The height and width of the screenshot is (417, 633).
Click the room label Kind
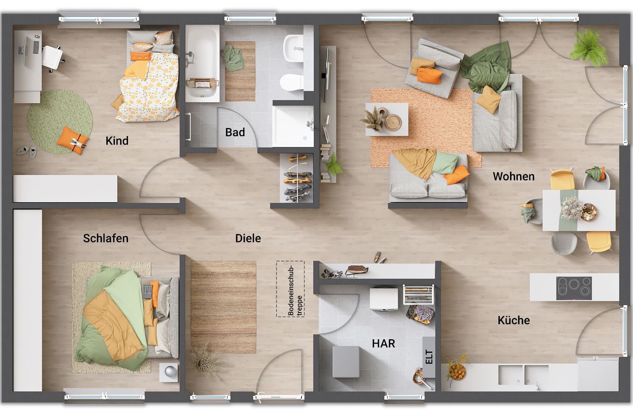tap(117, 141)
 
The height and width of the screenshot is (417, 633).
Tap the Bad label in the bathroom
tap(235, 132)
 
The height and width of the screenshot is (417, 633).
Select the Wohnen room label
tap(514, 176)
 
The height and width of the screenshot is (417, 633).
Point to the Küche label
tap(514, 320)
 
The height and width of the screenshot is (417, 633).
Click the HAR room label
tap(383, 344)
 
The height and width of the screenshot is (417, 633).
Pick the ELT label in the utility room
tap(429, 357)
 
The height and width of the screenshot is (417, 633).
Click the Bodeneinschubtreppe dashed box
tap(290, 289)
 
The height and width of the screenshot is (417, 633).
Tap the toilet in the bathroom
tap(292, 82)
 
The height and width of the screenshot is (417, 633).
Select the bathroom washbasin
tap(293, 48)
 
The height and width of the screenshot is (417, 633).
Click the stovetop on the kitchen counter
tap(574, 288)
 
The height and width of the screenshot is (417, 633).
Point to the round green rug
tap(60, 121)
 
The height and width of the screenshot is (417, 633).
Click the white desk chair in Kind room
tap(53, 58)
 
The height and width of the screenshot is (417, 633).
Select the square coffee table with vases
tap(387, 119)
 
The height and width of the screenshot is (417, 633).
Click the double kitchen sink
tap(523, 375)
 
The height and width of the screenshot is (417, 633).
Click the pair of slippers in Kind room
tap(27, 152)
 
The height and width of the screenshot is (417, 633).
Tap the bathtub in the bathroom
tap(202, 63)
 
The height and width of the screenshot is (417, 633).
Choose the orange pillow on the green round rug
tap(72, 140)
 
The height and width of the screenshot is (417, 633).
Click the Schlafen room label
tap(106, 238)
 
